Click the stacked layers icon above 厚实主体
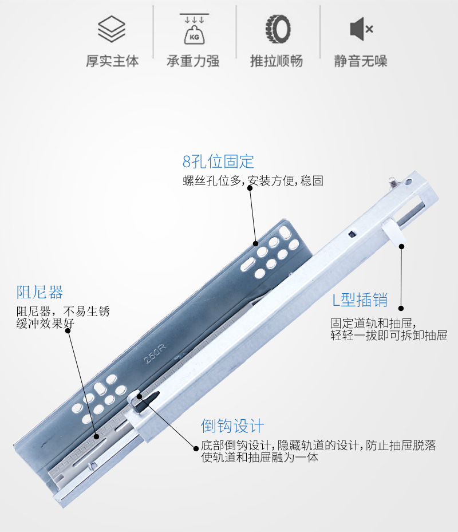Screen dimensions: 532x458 [111, 29]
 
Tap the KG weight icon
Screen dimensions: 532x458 [193, 29]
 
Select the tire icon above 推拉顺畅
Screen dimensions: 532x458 [278, 29]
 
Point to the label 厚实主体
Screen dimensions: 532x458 [112, 61]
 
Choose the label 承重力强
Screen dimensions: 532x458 [193, 61]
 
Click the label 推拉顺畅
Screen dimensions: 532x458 [277, 61]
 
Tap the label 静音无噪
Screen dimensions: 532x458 [361, 61]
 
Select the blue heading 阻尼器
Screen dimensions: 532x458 [40, 293]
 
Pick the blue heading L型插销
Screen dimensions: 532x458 [360, 300]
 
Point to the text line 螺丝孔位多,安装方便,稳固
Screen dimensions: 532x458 [253, 181]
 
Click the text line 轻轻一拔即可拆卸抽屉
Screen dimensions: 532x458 [388, 336]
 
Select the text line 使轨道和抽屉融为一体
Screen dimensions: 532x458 [259, 458]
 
